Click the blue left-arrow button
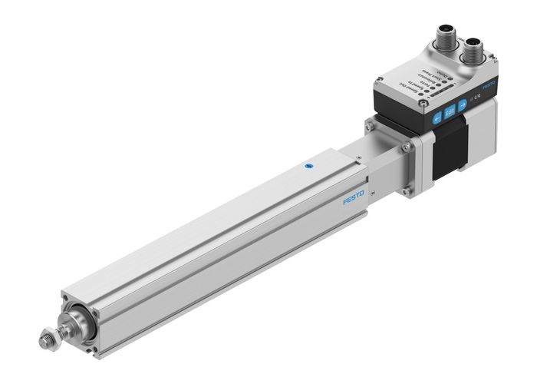[436, 118]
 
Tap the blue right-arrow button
[462, 107]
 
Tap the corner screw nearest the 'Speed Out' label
[381, 85]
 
